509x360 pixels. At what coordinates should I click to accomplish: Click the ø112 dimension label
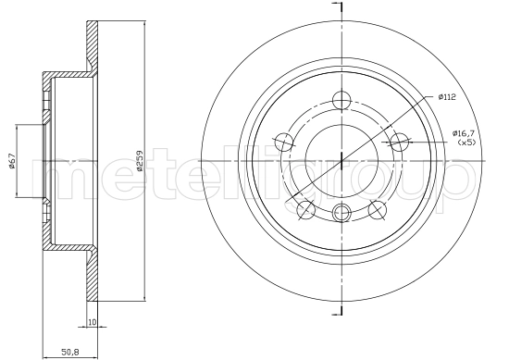[x=448, y=96]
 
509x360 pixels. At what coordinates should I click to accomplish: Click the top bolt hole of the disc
[x=342, y=100]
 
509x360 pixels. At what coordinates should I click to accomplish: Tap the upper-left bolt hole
[x=286, y=142]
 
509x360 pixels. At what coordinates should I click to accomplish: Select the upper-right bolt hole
[x=399, y=142]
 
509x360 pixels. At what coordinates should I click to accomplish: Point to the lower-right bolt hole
[x=378, y=209]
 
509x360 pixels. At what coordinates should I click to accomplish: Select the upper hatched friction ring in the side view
[x=92, y=44]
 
